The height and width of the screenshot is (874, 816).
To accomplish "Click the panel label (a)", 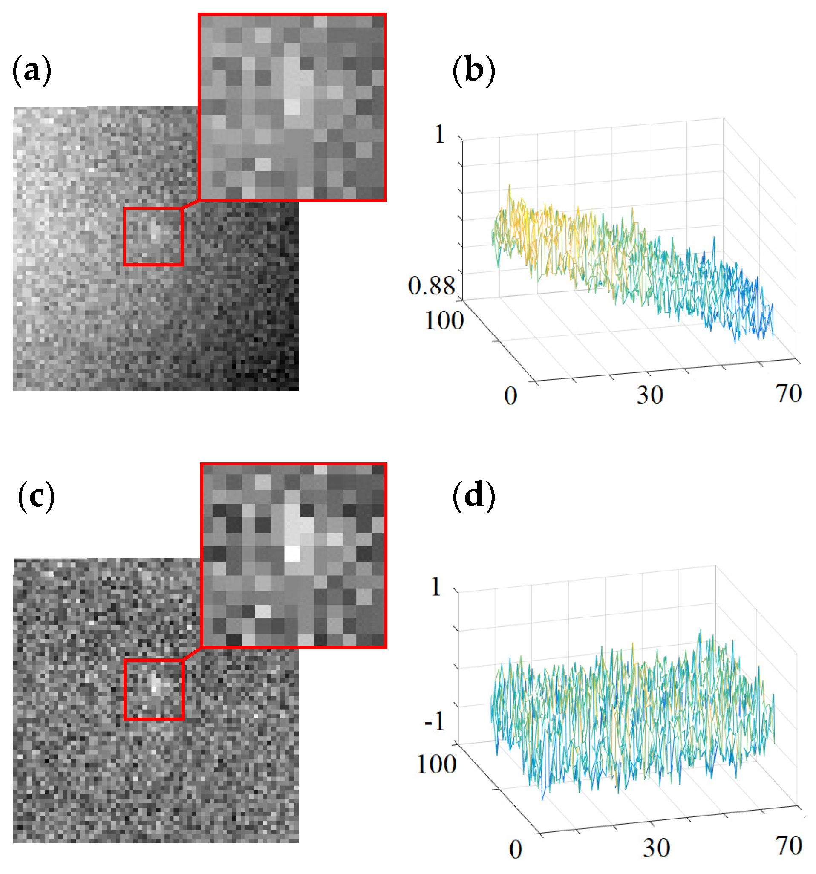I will [x=32, y=71].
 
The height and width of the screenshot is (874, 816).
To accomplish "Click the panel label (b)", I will [x=473, y=71].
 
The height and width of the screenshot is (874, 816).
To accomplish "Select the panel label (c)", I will [x=36, y=497].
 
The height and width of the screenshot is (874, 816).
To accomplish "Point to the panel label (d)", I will [x=473, y=497].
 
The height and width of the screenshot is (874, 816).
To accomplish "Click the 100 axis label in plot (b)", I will [x=444, y=320].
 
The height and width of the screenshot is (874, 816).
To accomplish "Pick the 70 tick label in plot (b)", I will [x=789, y=393].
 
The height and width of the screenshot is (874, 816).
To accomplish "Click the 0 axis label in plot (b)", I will [x=510, y=396].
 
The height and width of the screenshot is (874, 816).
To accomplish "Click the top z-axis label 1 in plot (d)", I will [x=435, y=586].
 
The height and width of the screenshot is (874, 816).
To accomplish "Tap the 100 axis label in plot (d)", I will [x=436, y=764].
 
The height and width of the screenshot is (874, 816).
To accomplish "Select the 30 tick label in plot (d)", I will [x=656, y=848].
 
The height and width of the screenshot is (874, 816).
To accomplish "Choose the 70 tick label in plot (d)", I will [x=789, y=846].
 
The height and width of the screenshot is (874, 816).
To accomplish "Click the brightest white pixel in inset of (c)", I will [x=292, y=554].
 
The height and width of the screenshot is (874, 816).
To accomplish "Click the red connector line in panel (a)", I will [x=191, y=204].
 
